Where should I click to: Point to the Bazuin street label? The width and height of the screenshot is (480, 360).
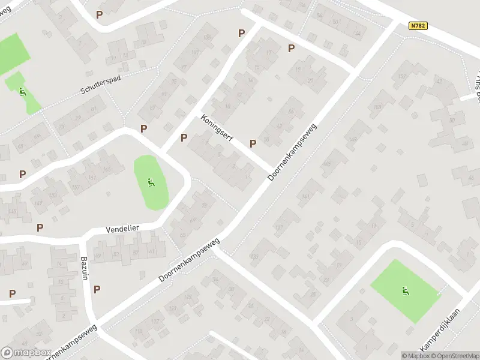click(85, 268)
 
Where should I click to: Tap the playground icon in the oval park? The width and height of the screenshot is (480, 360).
click(151, 182)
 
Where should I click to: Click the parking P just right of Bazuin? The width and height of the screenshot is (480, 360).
click(97, 289)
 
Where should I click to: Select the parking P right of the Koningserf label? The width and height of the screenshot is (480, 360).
click(253, 143)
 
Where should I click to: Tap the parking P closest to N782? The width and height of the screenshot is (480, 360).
click(292, 49)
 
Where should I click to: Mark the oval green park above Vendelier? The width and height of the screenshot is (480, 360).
click(151, 183)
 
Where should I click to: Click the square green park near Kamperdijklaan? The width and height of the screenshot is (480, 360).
click(406, 291)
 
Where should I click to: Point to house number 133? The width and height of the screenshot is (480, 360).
click(254, 256)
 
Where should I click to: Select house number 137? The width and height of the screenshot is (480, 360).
click(278, 227)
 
